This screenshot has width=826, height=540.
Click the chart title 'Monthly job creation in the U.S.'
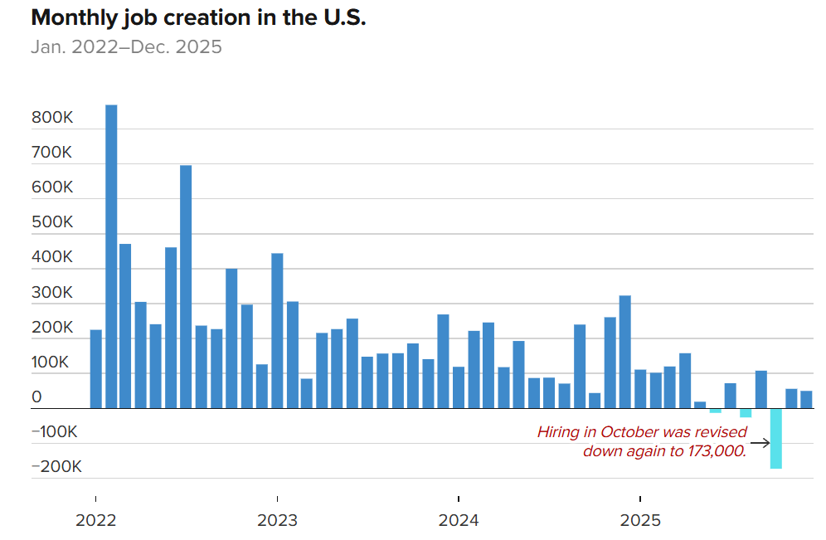pos(198,18)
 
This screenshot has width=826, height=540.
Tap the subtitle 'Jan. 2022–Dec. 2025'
pos(126,46)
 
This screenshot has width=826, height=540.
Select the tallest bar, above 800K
pos(111,256)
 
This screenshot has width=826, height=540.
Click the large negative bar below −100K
pos(776,439)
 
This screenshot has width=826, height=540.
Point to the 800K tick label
pos(53,119)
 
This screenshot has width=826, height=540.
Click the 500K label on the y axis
pos(53,223)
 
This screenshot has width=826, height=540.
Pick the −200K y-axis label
pos(56,467)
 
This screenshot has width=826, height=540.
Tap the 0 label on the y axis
pos(36,398)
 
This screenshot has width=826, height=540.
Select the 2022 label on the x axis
pos(96,521)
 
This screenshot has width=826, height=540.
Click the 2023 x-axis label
pos(277,521)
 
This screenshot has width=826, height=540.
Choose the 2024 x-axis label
pos(459,521)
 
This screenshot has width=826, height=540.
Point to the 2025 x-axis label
pos(640,521)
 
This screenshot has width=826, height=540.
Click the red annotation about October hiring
pos(642,441)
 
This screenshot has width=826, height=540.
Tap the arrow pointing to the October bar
pos(759,442)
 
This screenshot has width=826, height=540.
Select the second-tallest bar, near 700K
pos(186,287)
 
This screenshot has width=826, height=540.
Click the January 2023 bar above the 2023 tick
pos(277,331)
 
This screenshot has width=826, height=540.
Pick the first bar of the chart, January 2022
pos(96,369)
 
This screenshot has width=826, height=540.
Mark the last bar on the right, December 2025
pos(806,400)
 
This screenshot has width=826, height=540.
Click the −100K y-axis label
pos(56,432)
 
